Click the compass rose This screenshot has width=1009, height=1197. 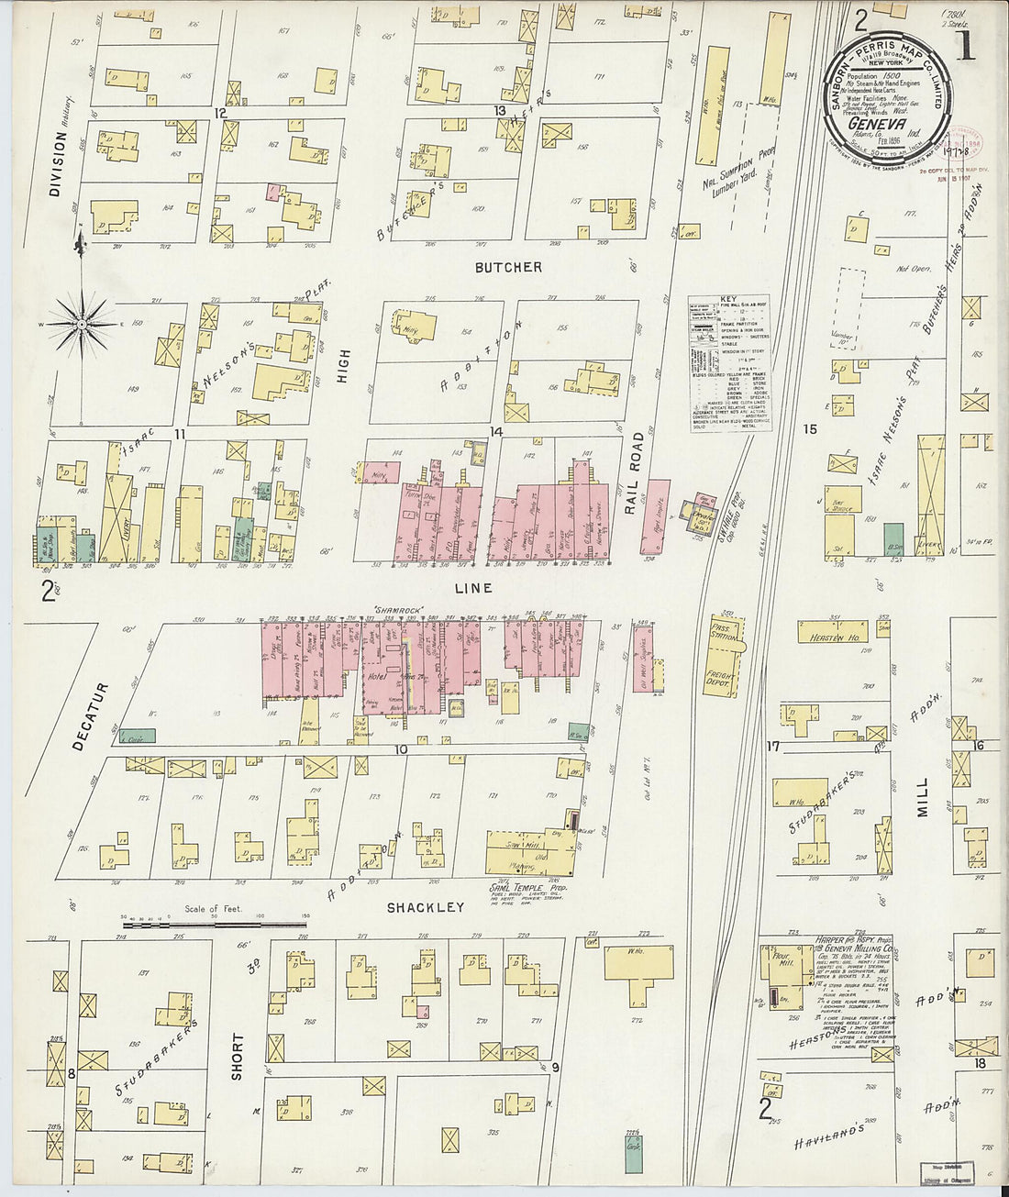pyautogui.click(x=81, y=323)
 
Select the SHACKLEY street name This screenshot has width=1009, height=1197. pyautogui.click(x=425, y=908)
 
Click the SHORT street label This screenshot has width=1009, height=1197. pyautogui.click(x=238, y=1056)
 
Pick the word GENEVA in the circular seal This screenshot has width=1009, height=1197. pyautogui.click(x=877, y=124)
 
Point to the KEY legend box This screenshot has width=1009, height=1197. pyautogui.click(x=729, y=363)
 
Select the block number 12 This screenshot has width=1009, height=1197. pyautogui.click(x=220, y=113)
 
